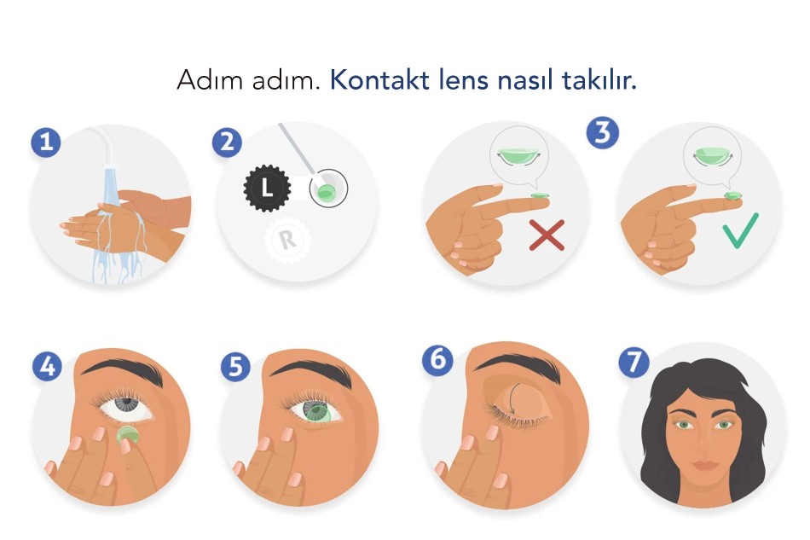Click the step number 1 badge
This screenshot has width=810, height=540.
[x=46, y=142]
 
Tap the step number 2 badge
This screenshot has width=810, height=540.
[x=228, y=142]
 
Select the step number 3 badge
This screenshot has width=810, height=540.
[x=602, y=133]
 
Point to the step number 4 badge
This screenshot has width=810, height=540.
[x=47, y=366]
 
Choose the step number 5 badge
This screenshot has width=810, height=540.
[x=235, y=367]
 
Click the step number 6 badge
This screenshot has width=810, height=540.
[x=437, y=359]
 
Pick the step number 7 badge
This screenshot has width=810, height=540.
[x=634, y=361]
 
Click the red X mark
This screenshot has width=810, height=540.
[x=547, y=235]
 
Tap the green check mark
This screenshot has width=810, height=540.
[x=741, y=230]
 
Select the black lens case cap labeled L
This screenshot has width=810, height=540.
[x=267, y=188]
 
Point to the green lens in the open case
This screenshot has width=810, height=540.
[x=326, y=193]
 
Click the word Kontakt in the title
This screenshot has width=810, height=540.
[x=379, y=80]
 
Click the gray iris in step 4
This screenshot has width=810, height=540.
[x=125, y=403]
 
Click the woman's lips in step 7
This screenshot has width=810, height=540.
[x=704, y=465]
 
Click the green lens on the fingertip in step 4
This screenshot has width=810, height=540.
[x=127, y=434]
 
